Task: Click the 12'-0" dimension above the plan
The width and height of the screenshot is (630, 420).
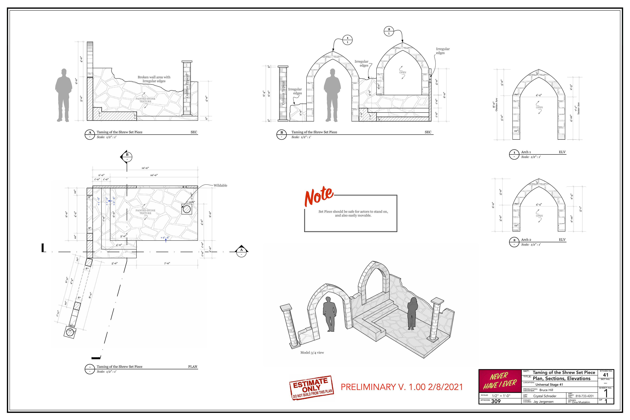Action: click(145, 168)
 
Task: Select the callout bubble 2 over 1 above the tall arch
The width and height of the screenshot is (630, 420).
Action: click(389, 31)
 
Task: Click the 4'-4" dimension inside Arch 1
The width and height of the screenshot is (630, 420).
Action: click(539, 95)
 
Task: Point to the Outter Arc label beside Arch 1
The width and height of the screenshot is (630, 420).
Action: click(496, 105)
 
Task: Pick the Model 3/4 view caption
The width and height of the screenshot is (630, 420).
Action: click(312, 353)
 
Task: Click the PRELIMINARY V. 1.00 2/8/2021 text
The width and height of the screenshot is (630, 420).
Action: click(401, 387)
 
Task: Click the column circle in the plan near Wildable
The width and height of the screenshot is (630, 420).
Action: click(187, 209)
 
